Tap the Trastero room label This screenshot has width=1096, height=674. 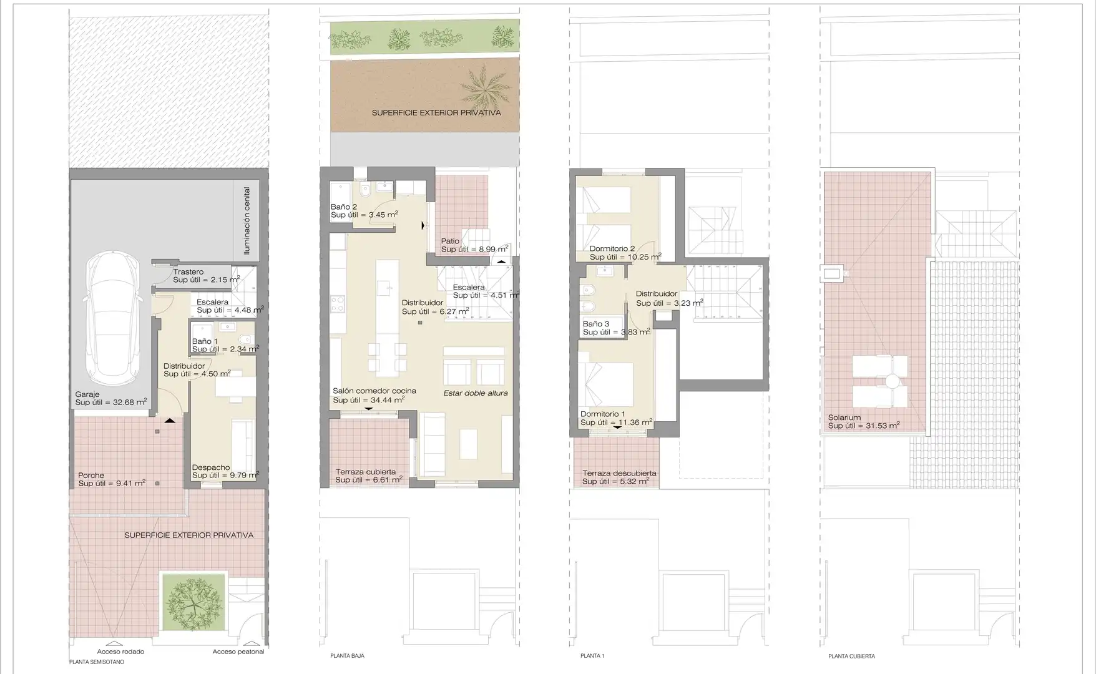[188, 272]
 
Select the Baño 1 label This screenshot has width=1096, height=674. [205, 341]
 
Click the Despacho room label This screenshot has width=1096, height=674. [211, 467]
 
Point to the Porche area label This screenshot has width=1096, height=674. [91, 476]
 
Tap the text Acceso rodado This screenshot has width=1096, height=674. [120, 652]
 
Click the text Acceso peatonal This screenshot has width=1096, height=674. [238, 652]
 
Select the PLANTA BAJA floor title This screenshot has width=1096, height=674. [347, 656]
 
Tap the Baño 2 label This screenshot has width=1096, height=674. [344, 207]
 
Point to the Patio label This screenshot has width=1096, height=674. [450, 241]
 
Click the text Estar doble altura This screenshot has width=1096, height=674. [476, 393]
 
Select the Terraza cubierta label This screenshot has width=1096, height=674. [366, 472]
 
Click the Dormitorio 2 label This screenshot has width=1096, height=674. [612, 248]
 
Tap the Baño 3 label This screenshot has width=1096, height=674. [596, 324]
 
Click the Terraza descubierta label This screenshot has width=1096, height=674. [619, 473]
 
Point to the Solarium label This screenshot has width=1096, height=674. [844, 418]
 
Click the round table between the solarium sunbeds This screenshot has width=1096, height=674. [891, 381]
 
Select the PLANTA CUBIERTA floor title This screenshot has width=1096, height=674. [851, 656]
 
